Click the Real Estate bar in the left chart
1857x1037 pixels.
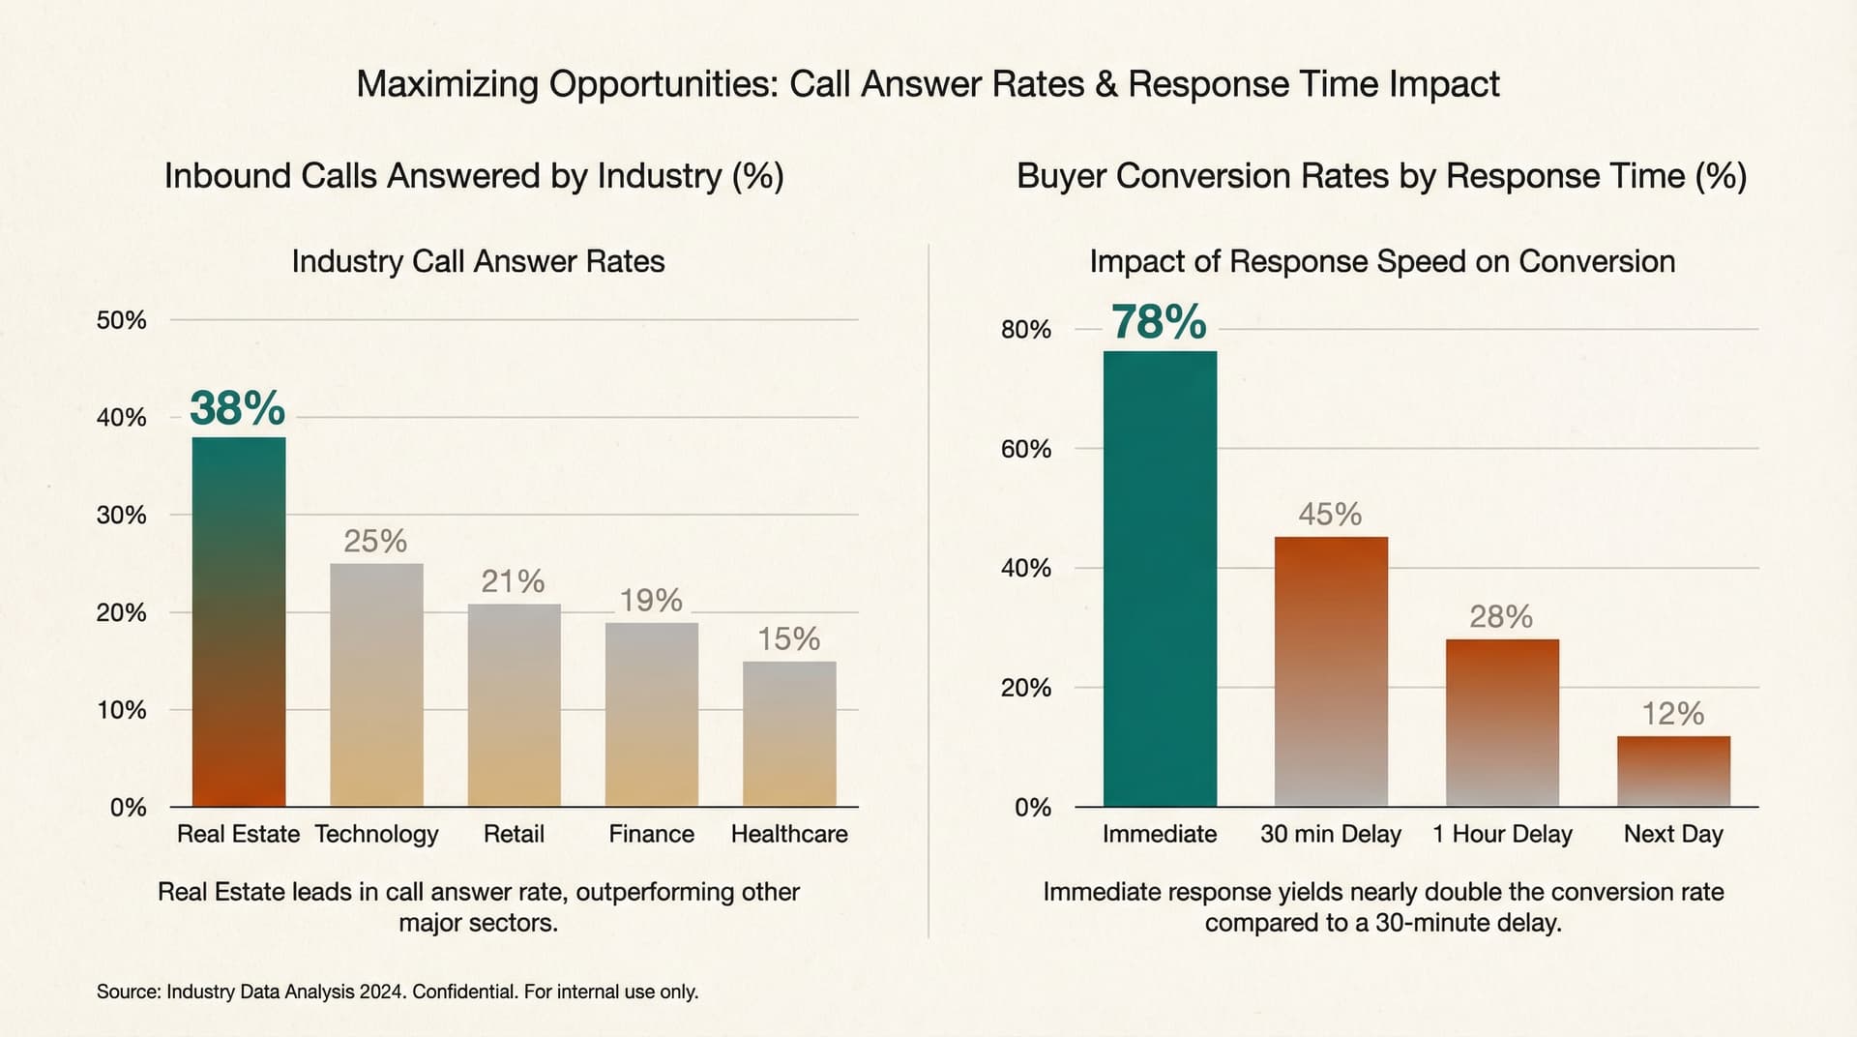tap(239, 622)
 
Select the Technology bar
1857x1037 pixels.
tap(376, 685)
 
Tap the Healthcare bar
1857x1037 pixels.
tap(789, 734)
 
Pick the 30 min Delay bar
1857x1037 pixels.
tap(1331, 671)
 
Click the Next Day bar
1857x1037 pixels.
tap(1673, 771)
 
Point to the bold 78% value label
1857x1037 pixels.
tap(1159, 322)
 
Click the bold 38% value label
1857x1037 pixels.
tap(238, 408)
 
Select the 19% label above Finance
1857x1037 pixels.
tap(651, 601)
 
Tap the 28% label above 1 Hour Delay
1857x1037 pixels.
tap(1501, 616)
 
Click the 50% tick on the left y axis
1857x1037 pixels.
tap(121, 320)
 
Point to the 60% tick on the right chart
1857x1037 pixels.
tap(1025, 449)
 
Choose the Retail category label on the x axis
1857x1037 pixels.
tap(514, 834)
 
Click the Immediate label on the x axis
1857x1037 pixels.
tap(1160, 834)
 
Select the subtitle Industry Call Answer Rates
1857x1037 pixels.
tap(478, 261)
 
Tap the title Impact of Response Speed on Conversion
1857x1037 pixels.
tap(1382, 261)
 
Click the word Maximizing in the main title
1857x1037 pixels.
tap(447, 85)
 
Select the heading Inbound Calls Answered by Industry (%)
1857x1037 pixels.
tap(474, 176)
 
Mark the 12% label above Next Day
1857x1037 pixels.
tap(1673, 714)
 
